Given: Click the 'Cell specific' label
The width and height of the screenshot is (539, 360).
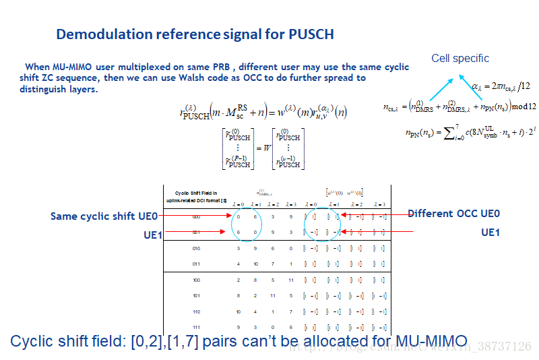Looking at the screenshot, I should [460, 59].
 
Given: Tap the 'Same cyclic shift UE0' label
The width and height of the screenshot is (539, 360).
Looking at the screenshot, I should [104, 216].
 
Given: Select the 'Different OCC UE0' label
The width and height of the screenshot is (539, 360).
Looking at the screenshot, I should [453, 214].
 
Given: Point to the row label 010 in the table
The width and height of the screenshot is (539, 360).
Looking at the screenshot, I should [196, 248].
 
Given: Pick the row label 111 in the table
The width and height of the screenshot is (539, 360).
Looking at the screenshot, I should [196, 326].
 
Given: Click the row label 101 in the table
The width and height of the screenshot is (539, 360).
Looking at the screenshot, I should [196, 295].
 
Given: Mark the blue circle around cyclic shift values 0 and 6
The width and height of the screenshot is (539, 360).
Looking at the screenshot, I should [247, 224].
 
